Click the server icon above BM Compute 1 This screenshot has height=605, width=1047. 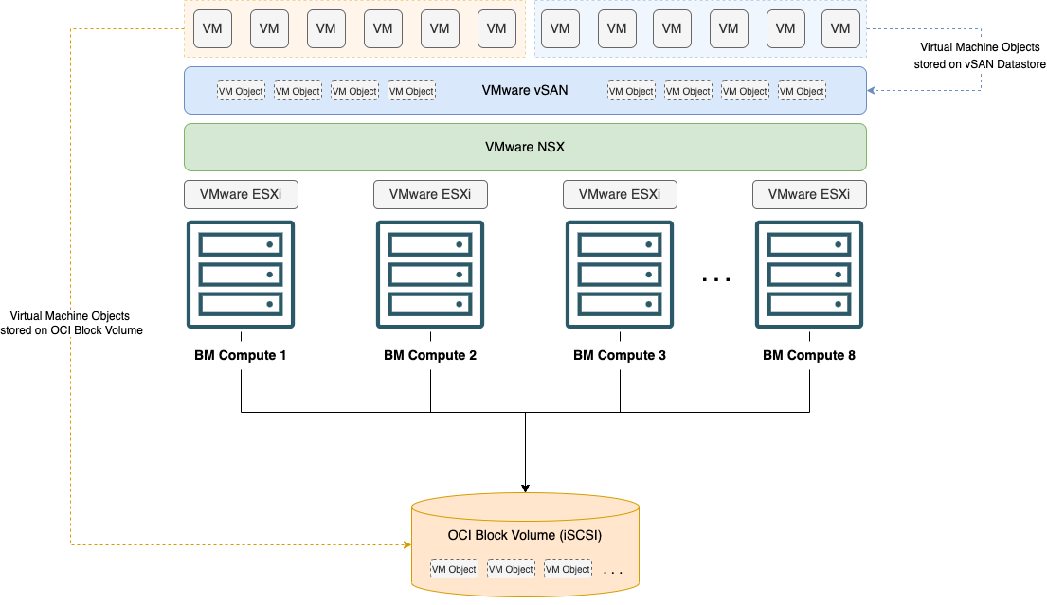241,275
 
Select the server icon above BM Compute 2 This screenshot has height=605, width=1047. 430,275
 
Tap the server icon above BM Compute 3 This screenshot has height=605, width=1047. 620,275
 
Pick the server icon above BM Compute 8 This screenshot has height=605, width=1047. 809,275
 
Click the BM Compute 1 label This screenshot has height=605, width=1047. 241,356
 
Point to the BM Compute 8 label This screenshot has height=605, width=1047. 809,356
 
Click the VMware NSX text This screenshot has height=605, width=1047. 525,148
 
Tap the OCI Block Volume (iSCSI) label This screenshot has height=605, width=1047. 525,536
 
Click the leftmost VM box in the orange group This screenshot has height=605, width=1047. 212,28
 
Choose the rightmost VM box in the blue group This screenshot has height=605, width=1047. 840,28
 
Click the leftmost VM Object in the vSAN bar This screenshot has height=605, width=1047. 242,91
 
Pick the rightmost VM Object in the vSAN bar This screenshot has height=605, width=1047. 802,91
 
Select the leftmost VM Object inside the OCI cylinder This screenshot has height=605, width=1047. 454,569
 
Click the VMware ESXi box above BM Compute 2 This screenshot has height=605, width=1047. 430,195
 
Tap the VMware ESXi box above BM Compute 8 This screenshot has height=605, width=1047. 809,195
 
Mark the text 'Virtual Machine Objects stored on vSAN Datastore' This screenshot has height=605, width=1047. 980,56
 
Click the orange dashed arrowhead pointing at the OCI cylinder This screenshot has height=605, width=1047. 406,545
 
